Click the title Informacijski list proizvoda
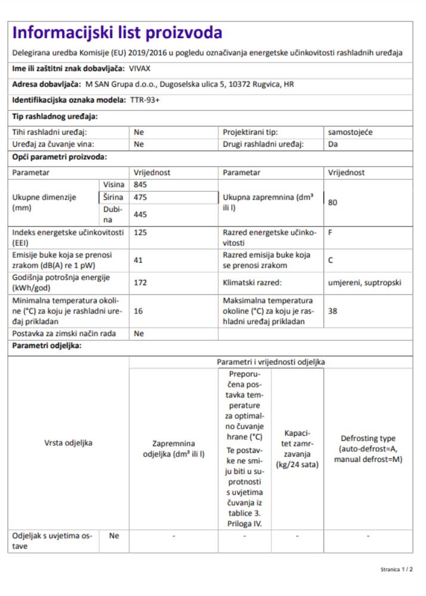click(x=117, y=33)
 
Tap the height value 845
click(x=141, y=185)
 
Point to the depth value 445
click(x=141, y=213)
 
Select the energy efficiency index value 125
click(x=141, y=233)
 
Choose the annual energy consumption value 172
click(x=141, y=283)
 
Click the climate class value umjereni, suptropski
click(x=363, y=283)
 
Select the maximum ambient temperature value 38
click(x=333, y=311)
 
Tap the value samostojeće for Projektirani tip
click(x=350, y=132)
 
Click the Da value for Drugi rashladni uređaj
click(x=333, y=144)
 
